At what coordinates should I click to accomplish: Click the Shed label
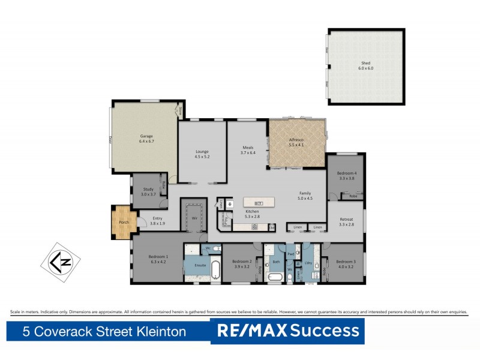365,62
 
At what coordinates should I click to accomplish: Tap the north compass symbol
59,262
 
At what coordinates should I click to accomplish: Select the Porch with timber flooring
124,222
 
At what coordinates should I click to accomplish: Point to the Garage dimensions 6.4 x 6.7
147,142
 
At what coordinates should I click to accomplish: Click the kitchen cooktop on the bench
254,227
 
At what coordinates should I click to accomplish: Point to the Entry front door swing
143,224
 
